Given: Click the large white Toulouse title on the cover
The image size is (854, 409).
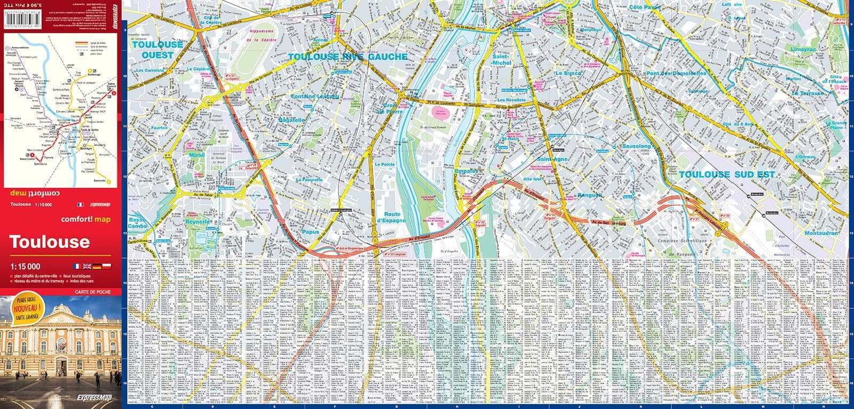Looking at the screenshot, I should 50,243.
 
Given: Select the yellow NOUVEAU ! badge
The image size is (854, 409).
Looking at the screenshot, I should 26,308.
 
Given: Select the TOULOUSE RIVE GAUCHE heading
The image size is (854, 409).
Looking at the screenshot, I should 347,57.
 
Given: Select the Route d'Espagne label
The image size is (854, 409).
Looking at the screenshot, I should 392,217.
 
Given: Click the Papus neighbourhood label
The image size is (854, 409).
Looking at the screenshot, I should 310,232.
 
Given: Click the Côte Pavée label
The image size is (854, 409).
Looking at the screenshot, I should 645,7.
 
